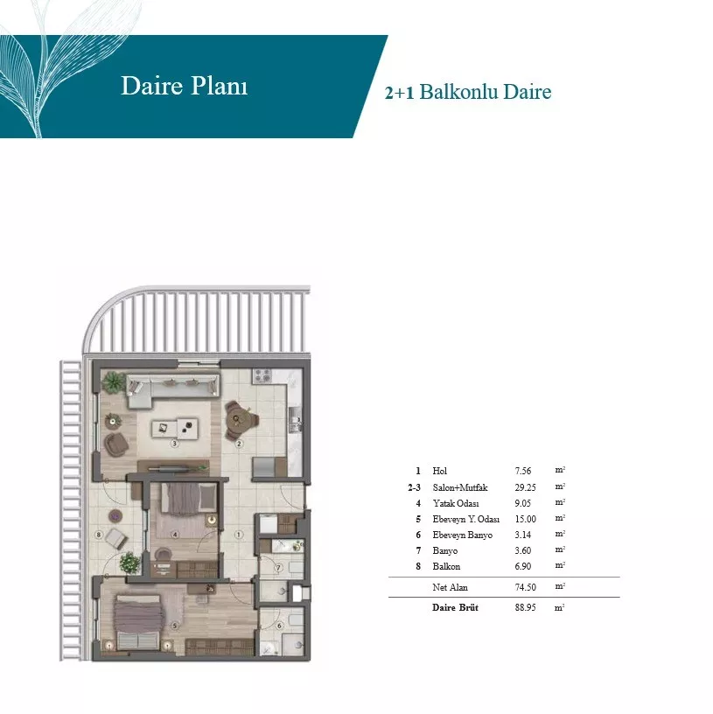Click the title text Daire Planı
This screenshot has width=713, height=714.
coord(185,86)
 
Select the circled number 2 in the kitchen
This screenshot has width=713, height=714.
coord(239,444)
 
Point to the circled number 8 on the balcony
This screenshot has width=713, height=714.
coord(99,535)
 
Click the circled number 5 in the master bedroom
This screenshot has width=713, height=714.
coord(175,626)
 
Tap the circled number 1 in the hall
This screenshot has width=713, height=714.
coord(239,535)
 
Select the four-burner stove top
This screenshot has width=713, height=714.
coord(262,376)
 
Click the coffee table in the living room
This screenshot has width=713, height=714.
coord(175,428)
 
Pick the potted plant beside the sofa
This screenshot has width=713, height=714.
coord(114,381)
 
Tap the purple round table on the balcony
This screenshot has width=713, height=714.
coord(115,516)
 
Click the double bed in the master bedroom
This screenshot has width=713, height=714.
coord(139,622)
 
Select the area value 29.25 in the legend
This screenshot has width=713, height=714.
coord(525,487)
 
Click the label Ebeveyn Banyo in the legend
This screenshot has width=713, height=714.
coord(462,535)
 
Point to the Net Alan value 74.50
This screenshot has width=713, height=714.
coord(525,587)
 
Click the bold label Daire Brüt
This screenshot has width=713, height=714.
coord(455,607)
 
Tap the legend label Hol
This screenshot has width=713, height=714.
coord(439,471)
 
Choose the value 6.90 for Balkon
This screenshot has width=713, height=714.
coord(522,566)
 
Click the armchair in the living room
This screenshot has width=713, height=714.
coord(115,444)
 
